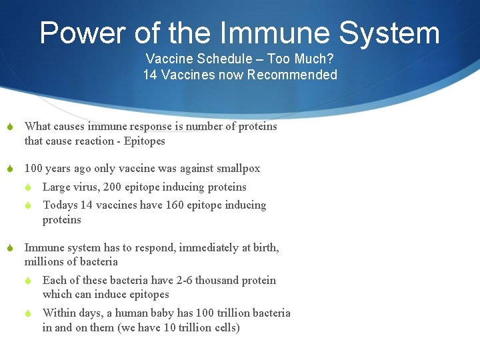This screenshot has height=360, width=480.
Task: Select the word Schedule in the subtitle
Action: pyautogui.click(x=212, y=59)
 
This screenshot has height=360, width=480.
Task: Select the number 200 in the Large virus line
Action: pyautogui.click(x=113, y=187)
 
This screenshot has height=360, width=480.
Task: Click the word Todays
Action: pyautogui.click(x=59, y=205)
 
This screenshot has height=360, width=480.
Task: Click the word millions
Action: pyautogui.click(x=45, y=262)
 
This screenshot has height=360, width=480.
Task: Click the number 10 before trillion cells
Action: pyautogui.click(x=171, y=328)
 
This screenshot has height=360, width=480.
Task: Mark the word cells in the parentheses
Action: pyautogui.click(x=225, y=328)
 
